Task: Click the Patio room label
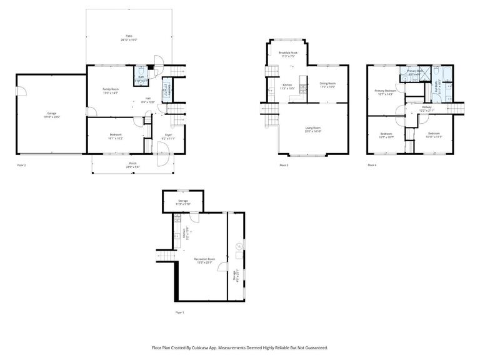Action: tap(129, 37)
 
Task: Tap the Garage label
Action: tap(51, 114)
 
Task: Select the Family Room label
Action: tap(111, 90)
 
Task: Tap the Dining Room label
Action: tap(328, 84)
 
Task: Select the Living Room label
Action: tap(312, 129)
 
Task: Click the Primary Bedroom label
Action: tap(386, 91)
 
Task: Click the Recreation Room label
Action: tap(204, 259)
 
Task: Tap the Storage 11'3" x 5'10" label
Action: tap(182, 201)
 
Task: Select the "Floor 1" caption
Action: tap(180, 312)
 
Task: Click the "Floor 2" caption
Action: tap(21, 166)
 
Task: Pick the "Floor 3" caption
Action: tap(284, 166)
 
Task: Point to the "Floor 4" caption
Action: tap(372, 166)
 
